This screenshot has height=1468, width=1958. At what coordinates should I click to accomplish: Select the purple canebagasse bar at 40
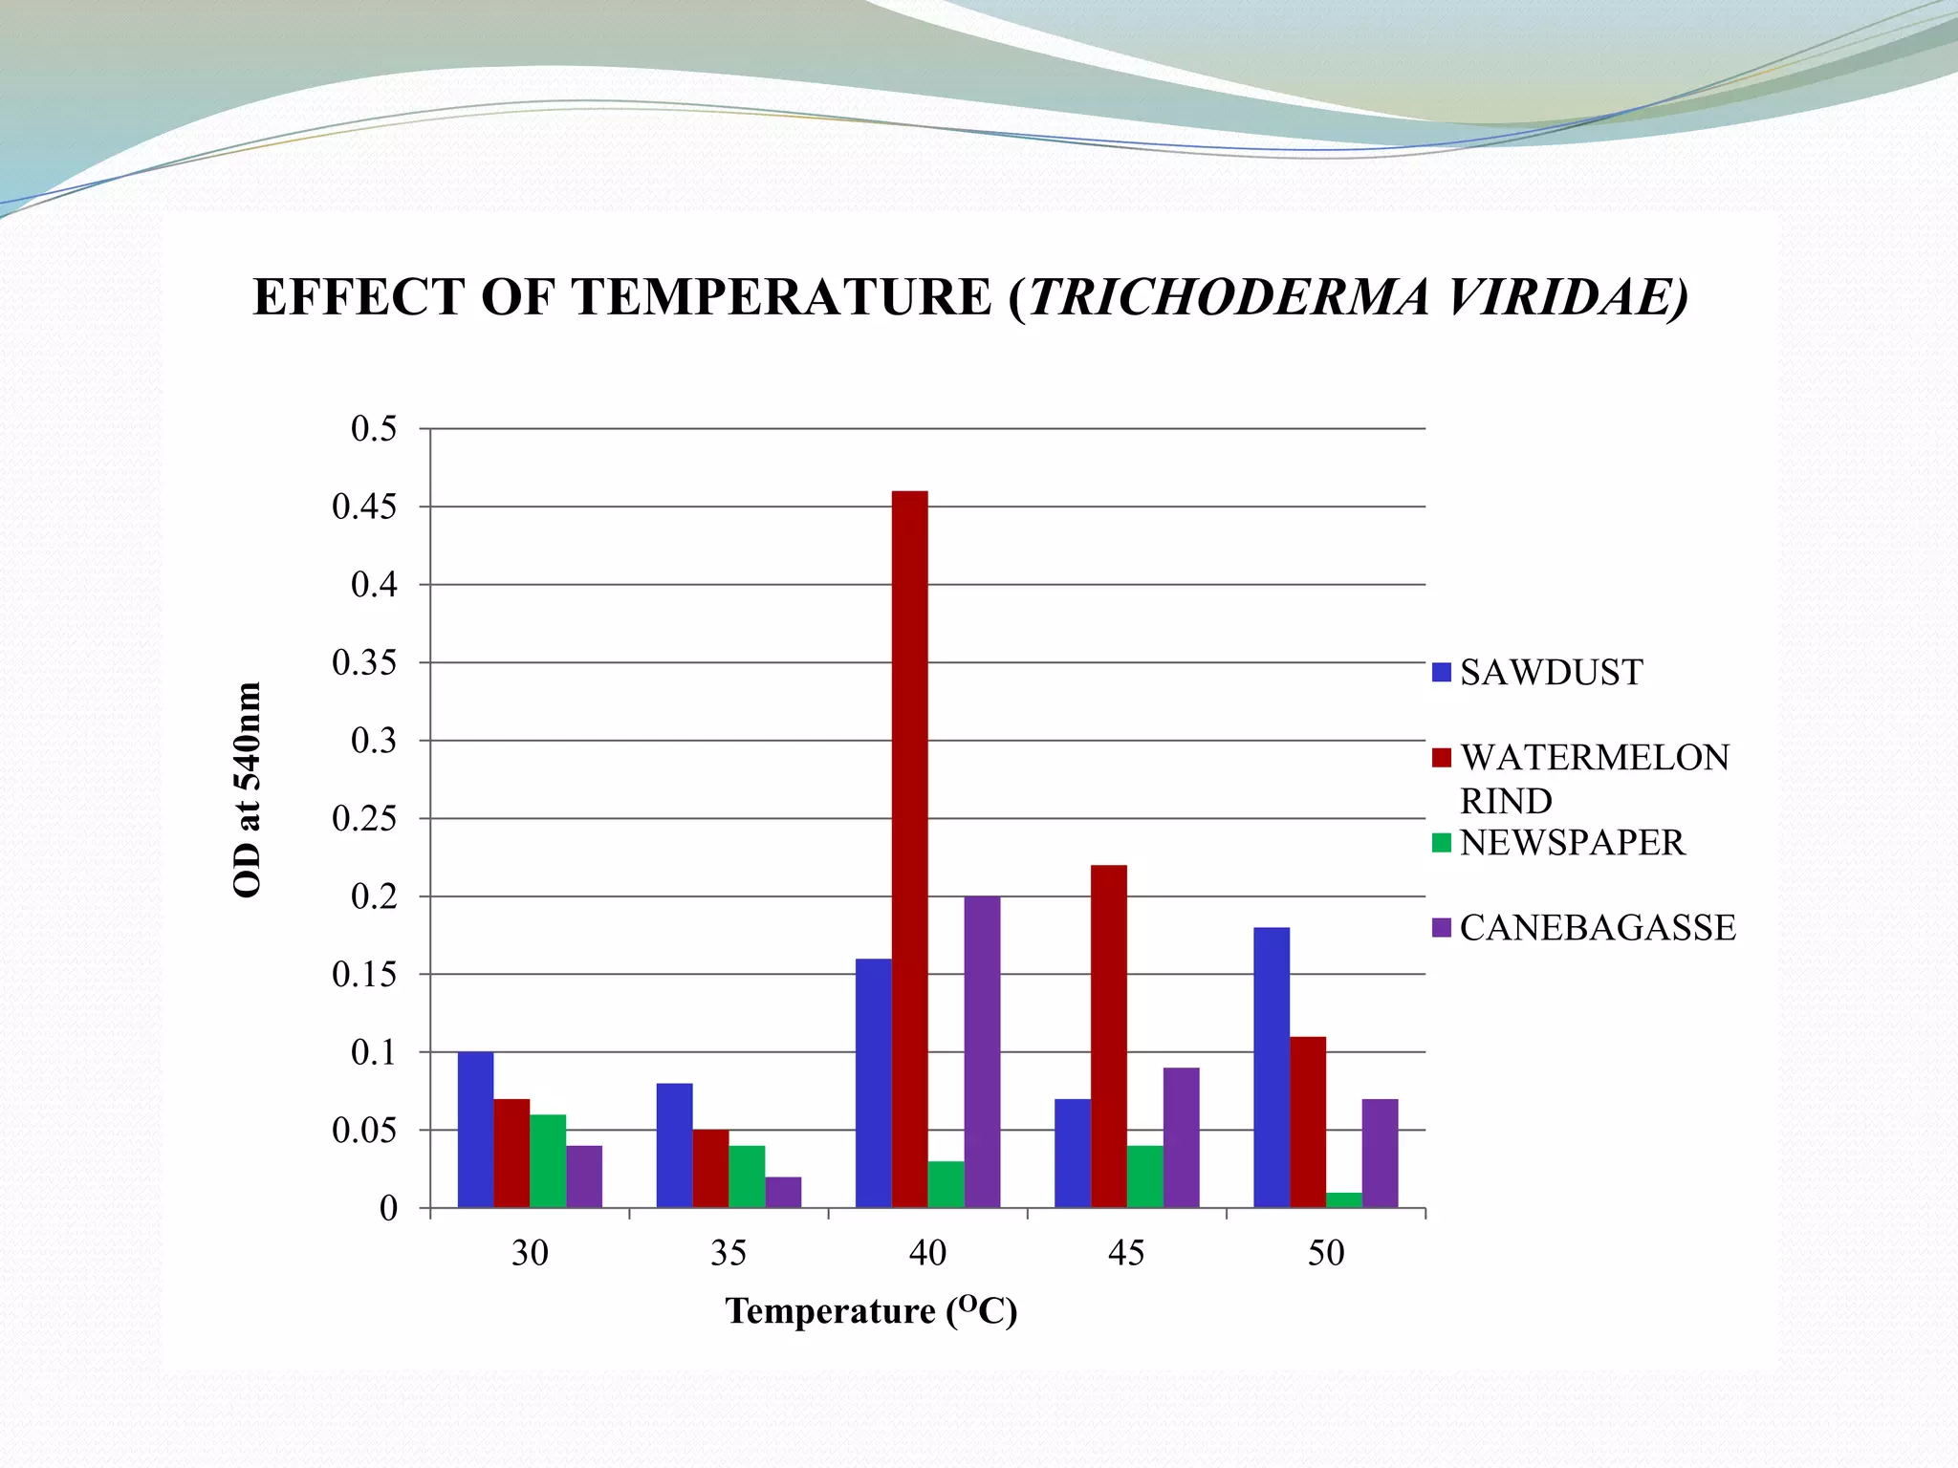[982, 1051]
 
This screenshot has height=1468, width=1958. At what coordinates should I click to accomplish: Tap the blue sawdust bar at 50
[1271, 1067]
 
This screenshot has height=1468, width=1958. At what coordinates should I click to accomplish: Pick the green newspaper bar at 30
[548, 1160]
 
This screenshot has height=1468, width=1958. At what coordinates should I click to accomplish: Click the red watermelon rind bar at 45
[1108, 1036]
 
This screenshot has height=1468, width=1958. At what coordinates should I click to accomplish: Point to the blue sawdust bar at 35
[674, 1145]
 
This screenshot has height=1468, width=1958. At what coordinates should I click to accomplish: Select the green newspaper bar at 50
[1343, 1200]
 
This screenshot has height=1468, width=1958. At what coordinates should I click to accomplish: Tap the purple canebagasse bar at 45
[1181, 1137]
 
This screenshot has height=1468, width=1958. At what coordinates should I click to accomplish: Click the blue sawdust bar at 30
[475, 1130]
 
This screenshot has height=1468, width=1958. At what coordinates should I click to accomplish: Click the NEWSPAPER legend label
[1572, 843]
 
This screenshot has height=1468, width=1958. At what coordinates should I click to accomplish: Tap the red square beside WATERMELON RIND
[1442, 758]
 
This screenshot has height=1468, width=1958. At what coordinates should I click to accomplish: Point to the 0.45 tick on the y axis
[364, 507]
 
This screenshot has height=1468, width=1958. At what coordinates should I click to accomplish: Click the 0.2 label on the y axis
[374, 896]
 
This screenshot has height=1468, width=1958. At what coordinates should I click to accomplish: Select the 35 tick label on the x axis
[729, 1253]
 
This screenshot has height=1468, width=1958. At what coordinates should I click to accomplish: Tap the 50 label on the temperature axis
[1326, 1253]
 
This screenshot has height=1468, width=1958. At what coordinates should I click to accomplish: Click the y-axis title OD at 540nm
[247, 789]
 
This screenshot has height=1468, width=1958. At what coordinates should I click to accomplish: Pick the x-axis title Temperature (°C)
[871, 1310]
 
